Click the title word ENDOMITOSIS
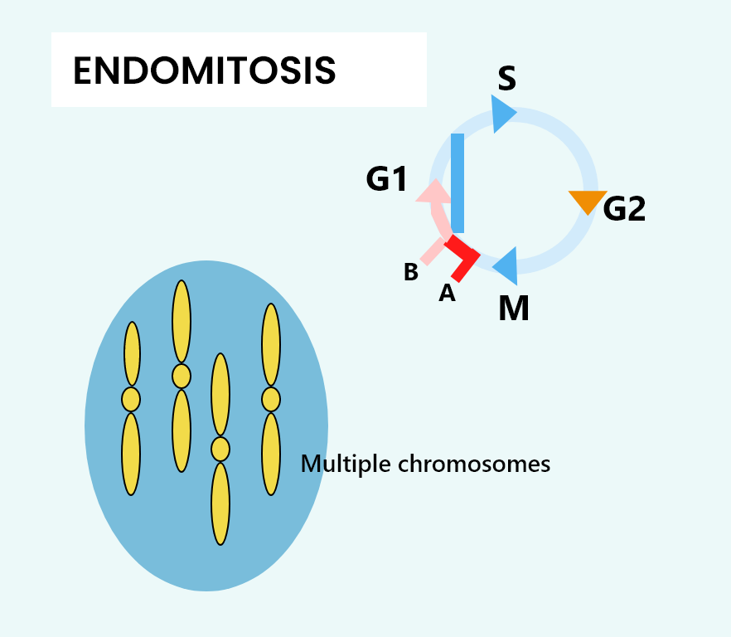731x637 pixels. point(205,71)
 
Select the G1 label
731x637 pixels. point(387,178)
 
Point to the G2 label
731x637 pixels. point(624,209)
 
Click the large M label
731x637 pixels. point(514,309)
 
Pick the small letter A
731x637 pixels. point(447,293)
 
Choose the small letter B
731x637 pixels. point(410,272)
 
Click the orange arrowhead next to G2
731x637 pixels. point(588,201)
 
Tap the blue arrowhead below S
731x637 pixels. point(502,114)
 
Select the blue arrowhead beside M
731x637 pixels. point(507,266)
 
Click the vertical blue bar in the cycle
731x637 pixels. point(457,182)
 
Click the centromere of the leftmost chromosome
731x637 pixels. point(131,400)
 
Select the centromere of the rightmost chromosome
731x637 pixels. point(271,399)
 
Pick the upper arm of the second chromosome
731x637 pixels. point(182,322)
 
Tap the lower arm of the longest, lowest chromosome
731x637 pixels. point(220,503)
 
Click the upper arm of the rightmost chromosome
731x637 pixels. point(271,344)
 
